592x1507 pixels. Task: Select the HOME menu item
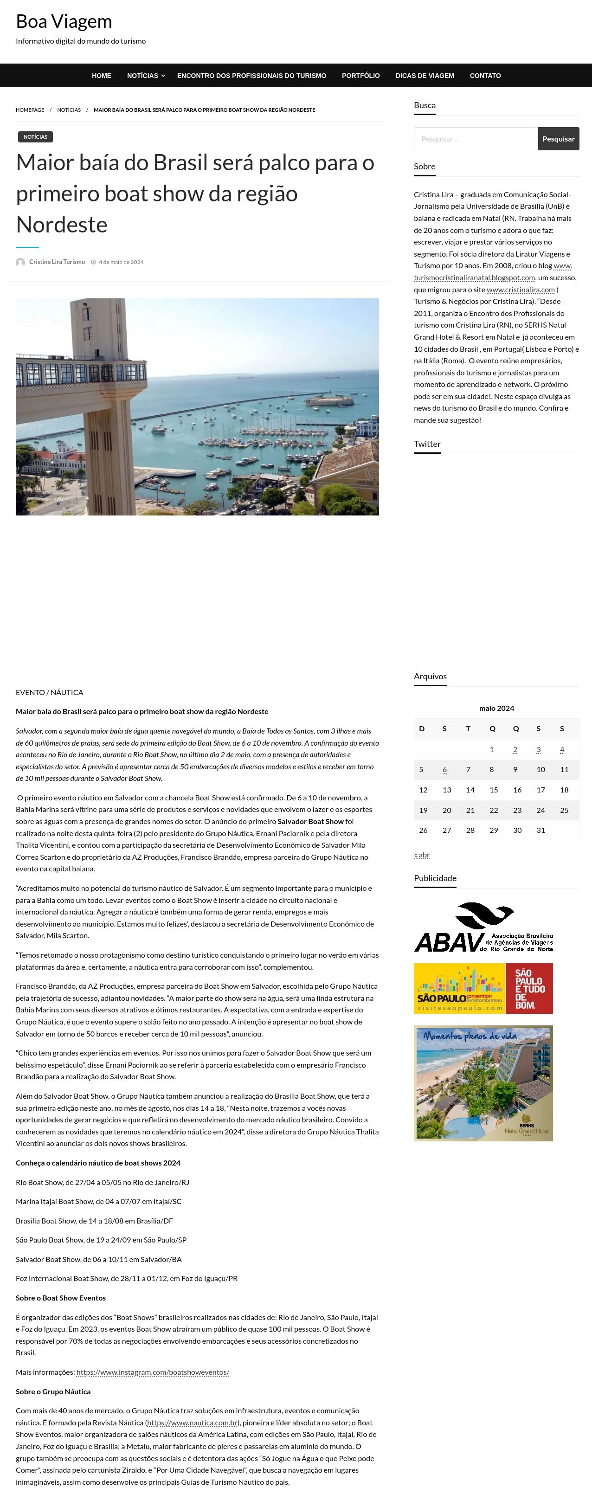[x=101, y=76]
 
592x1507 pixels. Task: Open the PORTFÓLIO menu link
[x=360, y=76]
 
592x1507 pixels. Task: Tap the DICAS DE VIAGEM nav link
[x=424, y=76]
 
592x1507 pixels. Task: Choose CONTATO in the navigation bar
[x=485, y=76]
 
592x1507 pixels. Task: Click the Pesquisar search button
[x=558, y=139]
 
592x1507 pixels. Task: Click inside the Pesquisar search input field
[x=475, y=139]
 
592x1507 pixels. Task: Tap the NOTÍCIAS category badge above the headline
[x=35, y=137]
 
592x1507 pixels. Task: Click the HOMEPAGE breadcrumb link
[x=30, y=110]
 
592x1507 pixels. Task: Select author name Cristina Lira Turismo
[x=57, y=262]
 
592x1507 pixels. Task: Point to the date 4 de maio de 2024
[x=121, y=262]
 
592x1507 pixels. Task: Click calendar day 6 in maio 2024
[x=444, y=770]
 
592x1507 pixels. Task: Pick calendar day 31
[x=540, y=830]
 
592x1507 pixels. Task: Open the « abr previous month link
[x=421, y=855]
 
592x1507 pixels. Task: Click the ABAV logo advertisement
[x=483, y=927]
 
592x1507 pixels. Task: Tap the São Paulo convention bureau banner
[x=483, y=988]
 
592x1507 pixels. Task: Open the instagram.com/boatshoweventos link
[x=152, y=1372]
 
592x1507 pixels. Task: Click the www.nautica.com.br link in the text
[x=192, y=1423]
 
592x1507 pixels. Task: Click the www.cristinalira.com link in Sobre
[x=520, y=290]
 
